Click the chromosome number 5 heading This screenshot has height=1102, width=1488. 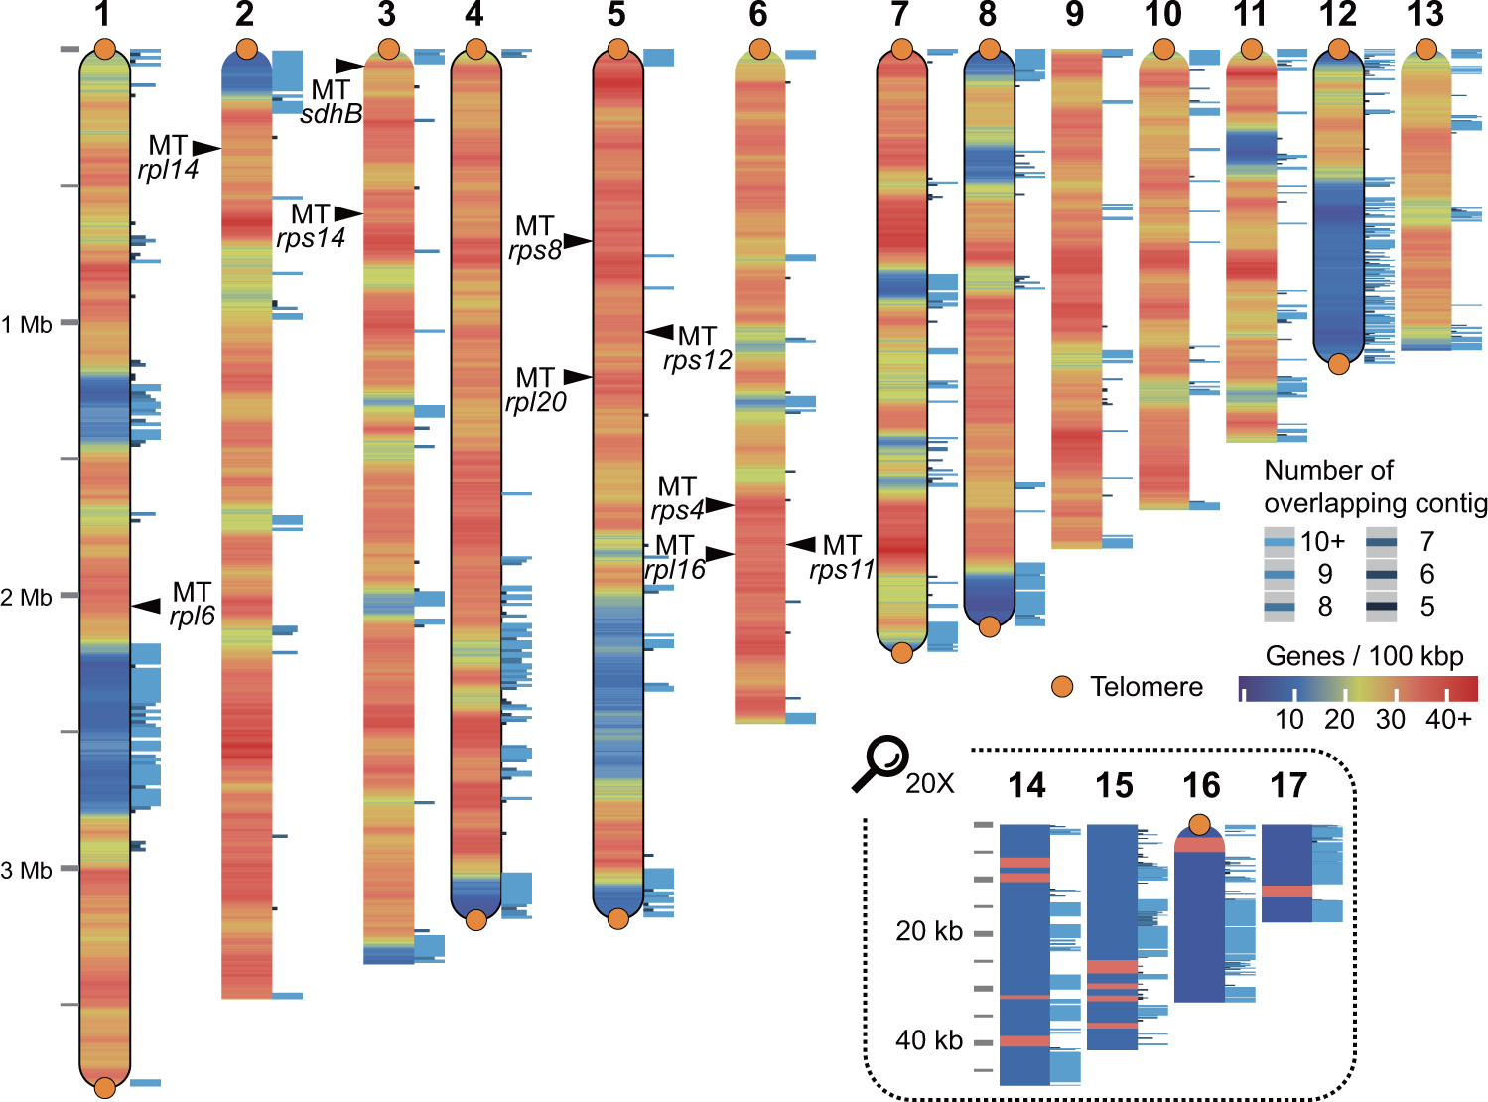[x=616, y=15]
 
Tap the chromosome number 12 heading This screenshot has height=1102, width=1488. [x=1338, y=15]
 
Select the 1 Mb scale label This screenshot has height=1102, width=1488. [x=28, y=325]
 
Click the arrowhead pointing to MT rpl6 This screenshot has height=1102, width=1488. [x=147, y=606]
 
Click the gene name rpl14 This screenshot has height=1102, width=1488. [x=168, y=170]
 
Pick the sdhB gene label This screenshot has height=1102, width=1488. [x=331, y=114]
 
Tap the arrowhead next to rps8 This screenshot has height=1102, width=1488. [x=579, y=241]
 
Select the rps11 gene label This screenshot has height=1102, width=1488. [x=841, y=570]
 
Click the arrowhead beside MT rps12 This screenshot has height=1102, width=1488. [x=659, y=332]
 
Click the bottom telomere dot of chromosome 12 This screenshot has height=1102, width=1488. [x=1338, y=364]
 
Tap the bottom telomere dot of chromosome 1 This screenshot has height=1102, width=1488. [x=104, y=1088]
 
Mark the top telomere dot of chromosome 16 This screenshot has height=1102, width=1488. [x=1200, y=824]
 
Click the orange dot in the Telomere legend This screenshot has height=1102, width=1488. [x=1062, y=687]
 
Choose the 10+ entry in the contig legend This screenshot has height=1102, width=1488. [x=1322, y=542]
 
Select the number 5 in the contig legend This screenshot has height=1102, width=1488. [x=1427, y=607]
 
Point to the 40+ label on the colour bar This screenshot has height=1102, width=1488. [x=1448, y=720]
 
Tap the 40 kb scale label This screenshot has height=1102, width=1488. [x=929, y=1040]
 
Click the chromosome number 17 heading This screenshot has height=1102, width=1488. [x=1287, y=786]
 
